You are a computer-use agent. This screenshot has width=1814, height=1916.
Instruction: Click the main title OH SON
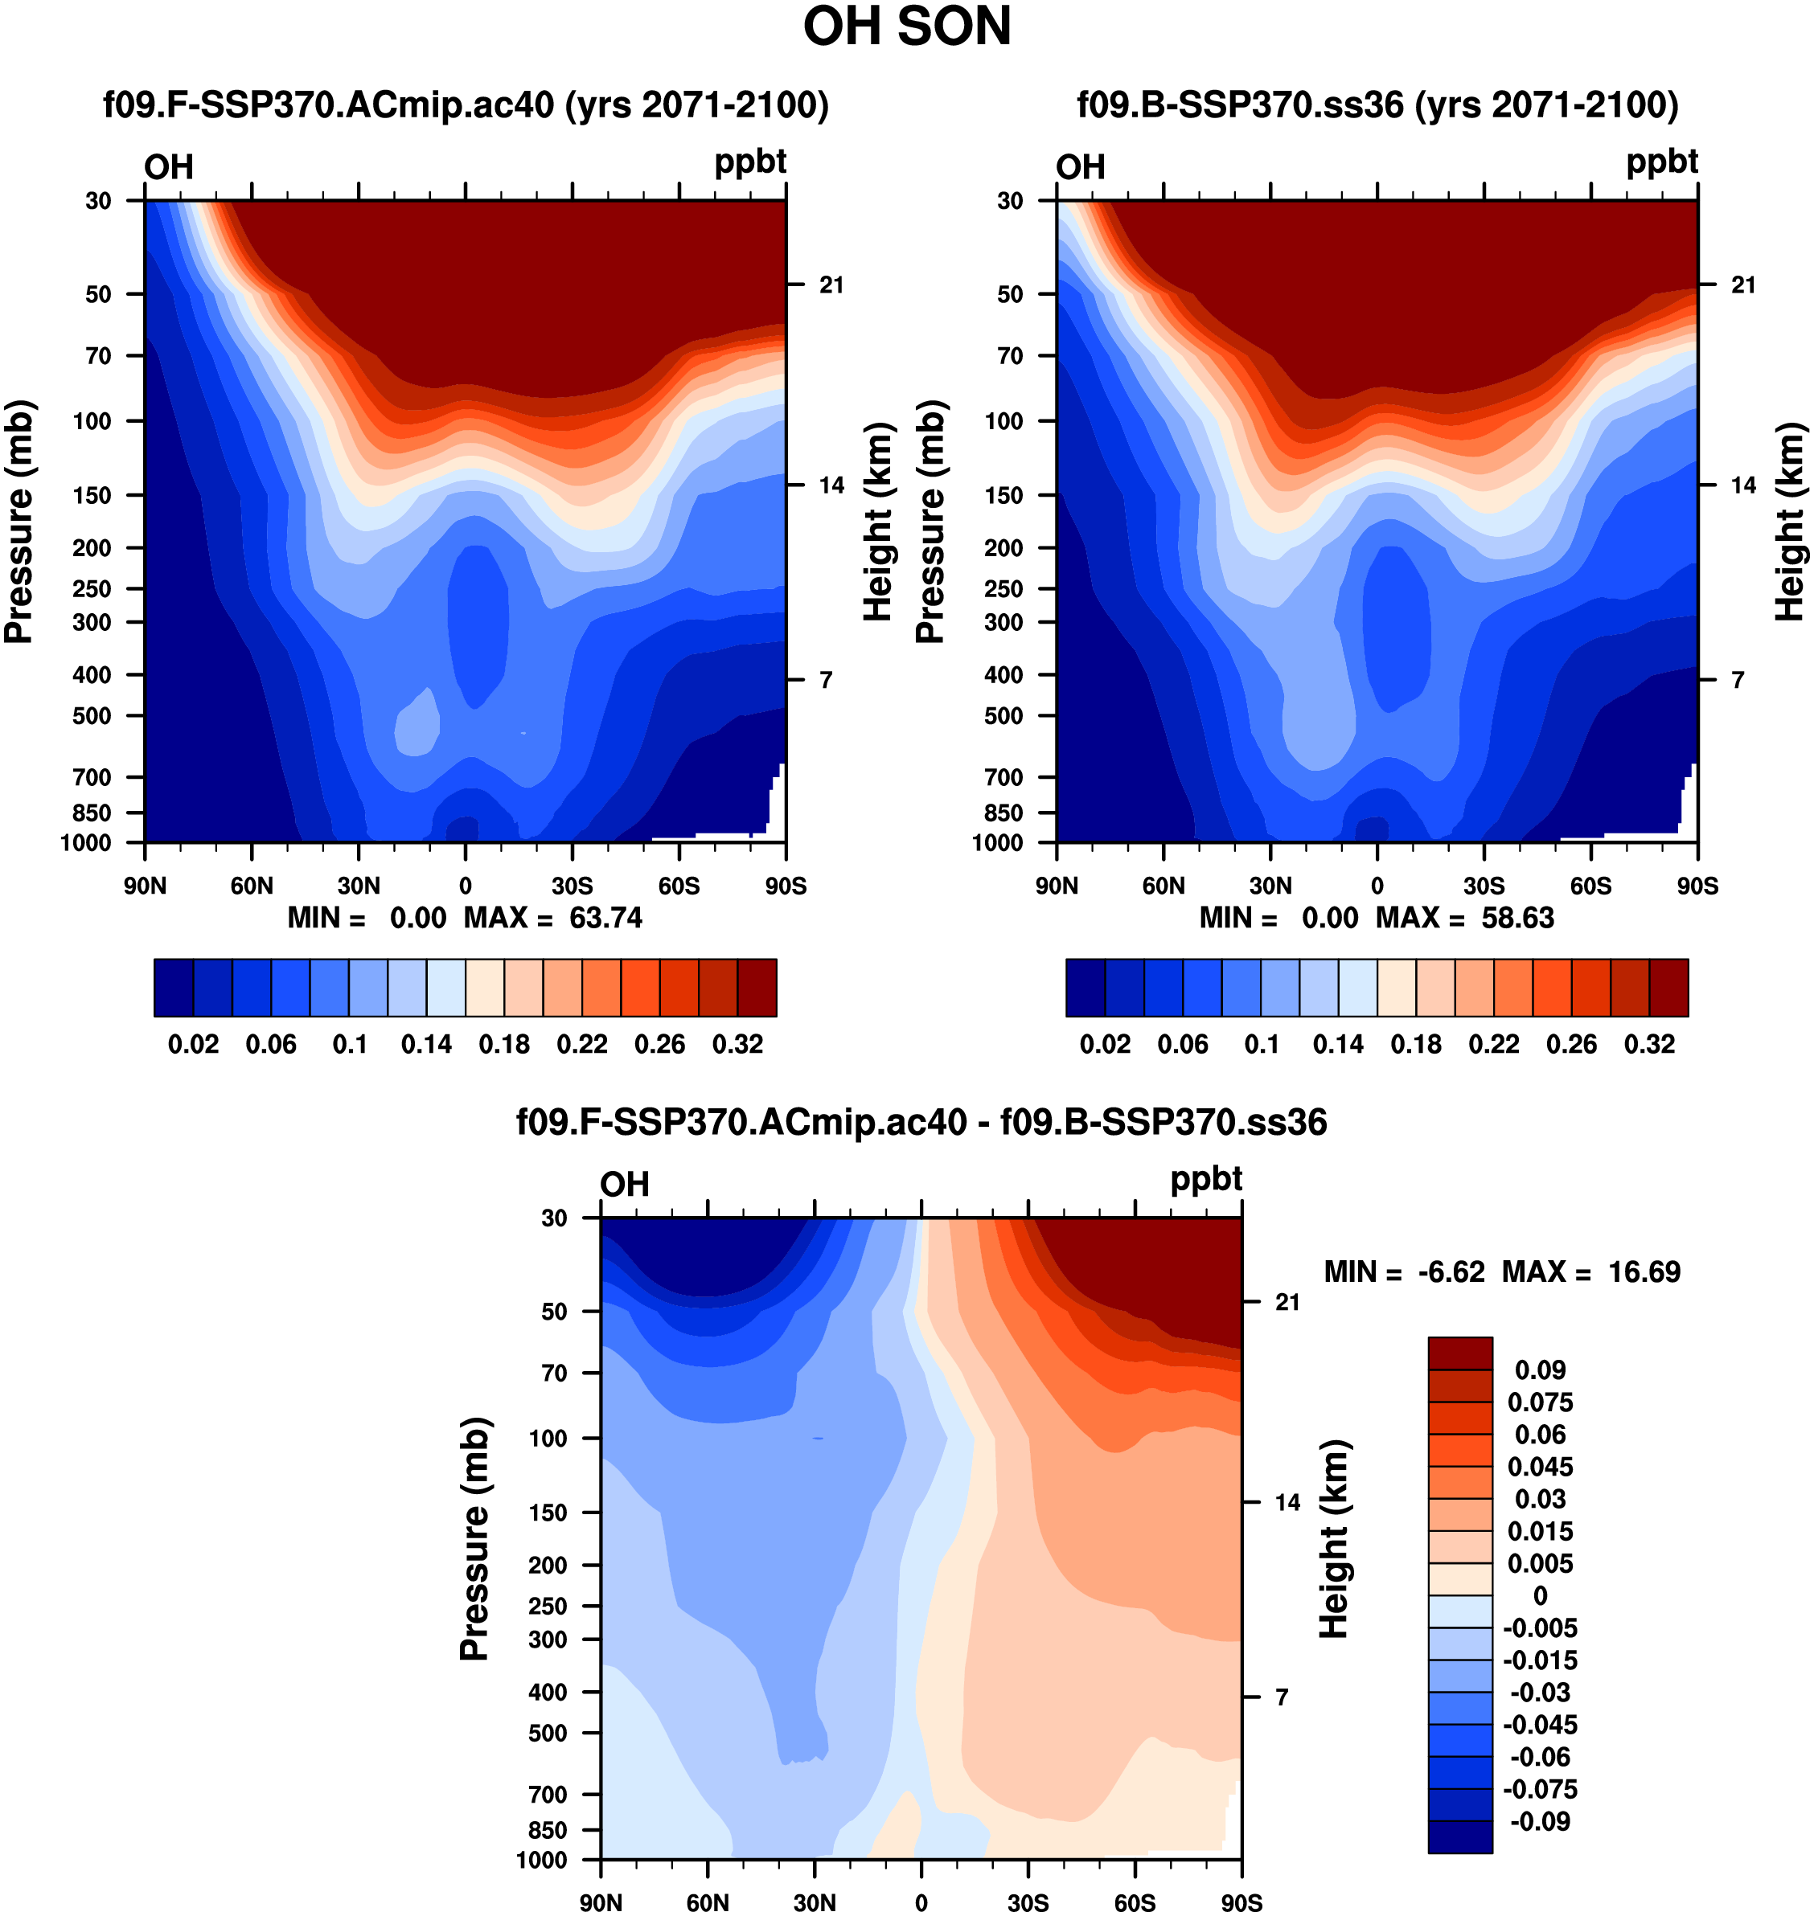(906, 27)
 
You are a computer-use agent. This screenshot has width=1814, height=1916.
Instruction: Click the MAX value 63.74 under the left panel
(605, 917)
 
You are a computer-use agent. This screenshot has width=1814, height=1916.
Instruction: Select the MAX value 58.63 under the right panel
(1517, 917)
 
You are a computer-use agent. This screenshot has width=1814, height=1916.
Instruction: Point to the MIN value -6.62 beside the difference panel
(1451, 1272)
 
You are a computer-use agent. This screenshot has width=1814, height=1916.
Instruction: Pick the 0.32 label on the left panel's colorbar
(738, 1044)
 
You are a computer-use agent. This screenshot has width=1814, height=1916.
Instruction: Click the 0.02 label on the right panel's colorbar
(1106, 1044)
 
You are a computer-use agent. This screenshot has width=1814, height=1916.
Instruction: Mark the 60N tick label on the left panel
(252, 886)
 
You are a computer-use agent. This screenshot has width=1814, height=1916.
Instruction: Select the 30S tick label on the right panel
(1484, 886)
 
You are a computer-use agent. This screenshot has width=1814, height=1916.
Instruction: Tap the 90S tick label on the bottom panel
(1241, 1902)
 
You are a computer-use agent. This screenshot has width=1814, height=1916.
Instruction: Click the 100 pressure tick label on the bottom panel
(548, 1438)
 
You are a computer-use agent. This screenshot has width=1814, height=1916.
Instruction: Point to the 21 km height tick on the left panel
(831, 285)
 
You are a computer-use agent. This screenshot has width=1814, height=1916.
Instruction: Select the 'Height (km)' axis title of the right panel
(1791, 522)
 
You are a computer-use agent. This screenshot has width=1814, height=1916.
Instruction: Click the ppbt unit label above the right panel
(1661, 162)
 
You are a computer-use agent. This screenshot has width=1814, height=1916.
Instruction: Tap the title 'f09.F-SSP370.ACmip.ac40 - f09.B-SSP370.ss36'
(921, 1122)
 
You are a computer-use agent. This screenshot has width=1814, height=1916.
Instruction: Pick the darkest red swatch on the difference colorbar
(1460, 1353)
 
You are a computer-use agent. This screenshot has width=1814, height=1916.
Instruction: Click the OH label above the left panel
(169, 167)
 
